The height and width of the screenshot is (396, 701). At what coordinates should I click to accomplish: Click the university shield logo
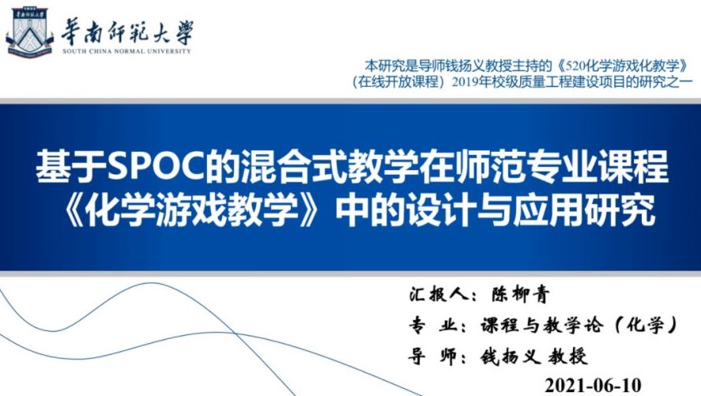coord(29,32)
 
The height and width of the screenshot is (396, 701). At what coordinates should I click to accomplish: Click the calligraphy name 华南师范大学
coord(127,32)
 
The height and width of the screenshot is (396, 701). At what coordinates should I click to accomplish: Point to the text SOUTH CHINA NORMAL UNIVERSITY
coord(127,51)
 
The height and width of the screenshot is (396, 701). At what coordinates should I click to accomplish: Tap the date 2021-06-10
coord(594,385)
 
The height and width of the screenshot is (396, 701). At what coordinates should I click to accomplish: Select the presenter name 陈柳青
coord(520,295)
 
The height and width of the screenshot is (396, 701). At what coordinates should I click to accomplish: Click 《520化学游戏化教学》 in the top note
coord(623,66)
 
